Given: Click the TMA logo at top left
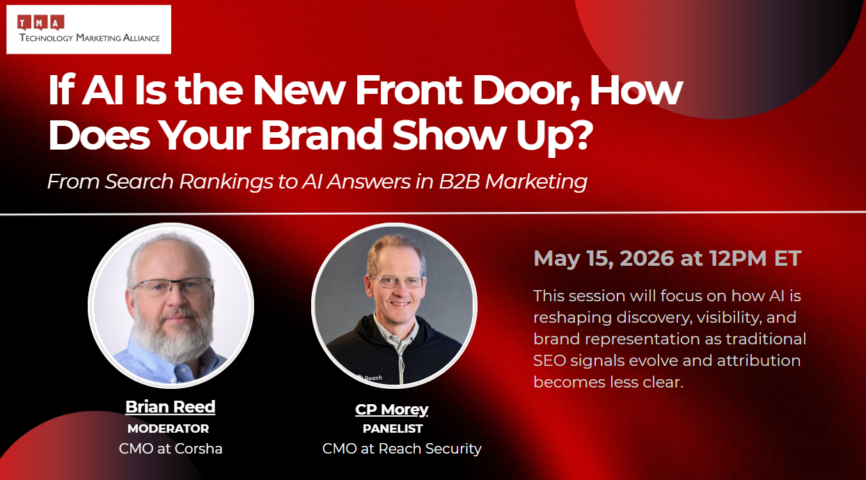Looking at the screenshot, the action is [x=88, y=29].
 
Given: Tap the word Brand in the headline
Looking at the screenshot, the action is [x=322, y=134].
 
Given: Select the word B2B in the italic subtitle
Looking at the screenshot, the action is [x=459, y=182].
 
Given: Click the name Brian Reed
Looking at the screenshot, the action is [x=170, y=407].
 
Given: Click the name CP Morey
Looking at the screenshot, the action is [x=392, y=409].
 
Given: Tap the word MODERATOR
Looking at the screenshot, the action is [x=168, y=429].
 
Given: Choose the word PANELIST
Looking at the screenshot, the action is [x=393, y=429].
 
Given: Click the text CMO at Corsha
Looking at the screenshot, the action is [x=171, y=449].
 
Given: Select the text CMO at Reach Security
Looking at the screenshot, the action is [x=402, y=449].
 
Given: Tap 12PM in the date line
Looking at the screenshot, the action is [x=738, y=258].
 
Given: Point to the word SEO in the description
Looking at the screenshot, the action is [x=549, y=360].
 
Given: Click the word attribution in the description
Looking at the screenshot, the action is [x=759, y=360].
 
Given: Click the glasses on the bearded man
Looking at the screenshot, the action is [x=173, y=287].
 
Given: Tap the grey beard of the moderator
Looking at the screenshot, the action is [x=172, y=337].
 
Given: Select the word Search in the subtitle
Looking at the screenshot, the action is [x=139, y=182].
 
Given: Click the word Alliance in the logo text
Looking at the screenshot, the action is [x=141, y=38].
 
